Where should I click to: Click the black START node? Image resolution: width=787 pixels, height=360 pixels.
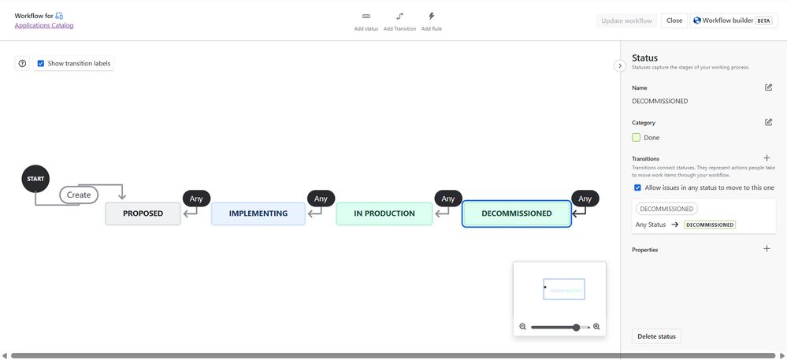tap(35, 179)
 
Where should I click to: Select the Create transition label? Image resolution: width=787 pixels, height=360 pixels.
tap(79, 195)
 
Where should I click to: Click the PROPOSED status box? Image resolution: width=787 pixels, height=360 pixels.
tap(143, 213)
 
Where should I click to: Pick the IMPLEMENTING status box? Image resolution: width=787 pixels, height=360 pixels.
tap(258, 213)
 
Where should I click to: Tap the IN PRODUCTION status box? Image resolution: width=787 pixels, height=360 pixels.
tap(384, 213)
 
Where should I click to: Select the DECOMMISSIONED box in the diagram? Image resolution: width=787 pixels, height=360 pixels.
tap(516, 213)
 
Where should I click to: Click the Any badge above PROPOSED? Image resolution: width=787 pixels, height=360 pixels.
tap(196, 199)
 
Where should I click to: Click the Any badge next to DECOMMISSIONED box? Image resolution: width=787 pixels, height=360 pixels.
tap(585, 199)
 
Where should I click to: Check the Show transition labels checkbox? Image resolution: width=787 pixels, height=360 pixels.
tap(41, 63)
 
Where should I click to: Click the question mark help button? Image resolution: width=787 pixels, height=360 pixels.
tap(22, 63)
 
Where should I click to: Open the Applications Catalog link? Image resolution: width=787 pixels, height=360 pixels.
tap(44, 25)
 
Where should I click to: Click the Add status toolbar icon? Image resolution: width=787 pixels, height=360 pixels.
tap(366, 16)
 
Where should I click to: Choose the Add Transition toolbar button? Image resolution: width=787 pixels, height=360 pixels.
tap(399, 16)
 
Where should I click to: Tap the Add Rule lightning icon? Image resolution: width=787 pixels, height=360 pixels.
tap(431, 16)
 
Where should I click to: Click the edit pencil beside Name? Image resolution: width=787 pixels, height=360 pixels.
tap(768, 87)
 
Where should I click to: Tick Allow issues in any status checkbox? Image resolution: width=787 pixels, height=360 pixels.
tap(637, 187)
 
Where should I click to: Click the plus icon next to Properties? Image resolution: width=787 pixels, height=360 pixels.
tap(767, 249)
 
